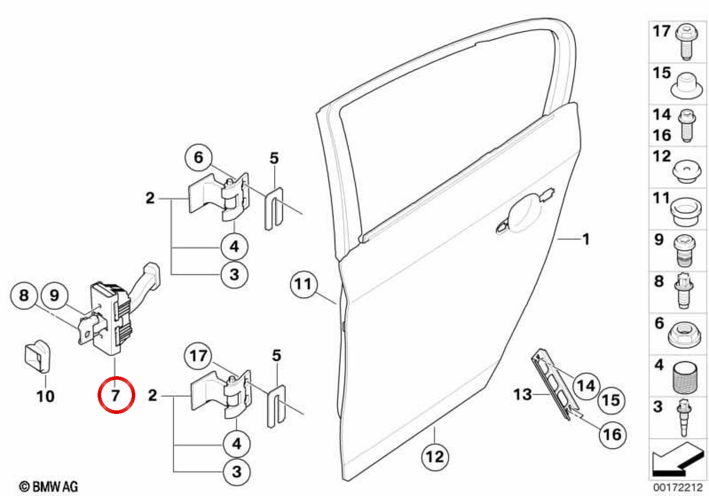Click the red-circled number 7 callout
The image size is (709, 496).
[116, 395]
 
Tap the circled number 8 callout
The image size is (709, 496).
[24, 296]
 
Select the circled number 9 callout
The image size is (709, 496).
[54, 296]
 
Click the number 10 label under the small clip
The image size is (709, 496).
[45, 396]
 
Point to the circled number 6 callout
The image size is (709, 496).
[199, 158]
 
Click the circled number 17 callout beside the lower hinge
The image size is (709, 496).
[199, 356]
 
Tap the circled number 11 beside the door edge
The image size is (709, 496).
[304, 284]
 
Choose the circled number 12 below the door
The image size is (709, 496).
[435, 457]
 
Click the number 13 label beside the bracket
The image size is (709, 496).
[522, 394]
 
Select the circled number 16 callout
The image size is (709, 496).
[613, 435]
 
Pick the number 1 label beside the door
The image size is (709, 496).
[586, 239]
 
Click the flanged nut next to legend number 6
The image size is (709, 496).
[684, 335]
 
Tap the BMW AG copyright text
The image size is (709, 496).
[48, 487]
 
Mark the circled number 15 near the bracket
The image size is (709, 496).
[611, 400]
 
